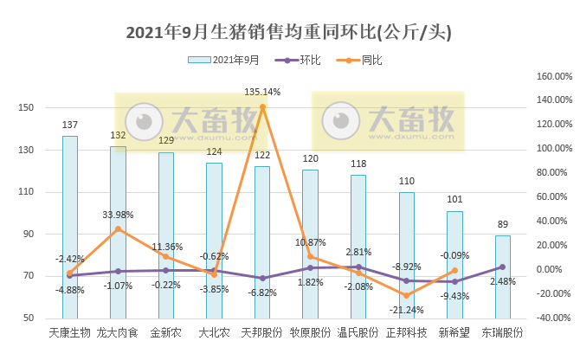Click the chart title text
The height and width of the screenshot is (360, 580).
click(x=289, y=32)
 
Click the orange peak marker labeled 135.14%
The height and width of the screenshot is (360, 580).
click(x=262, y=106)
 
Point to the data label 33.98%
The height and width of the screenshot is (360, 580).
click(x=118, y=215)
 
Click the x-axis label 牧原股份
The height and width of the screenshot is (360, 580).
click(x=310, y=332)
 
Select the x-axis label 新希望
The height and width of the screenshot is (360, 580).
click(x=454, y=332)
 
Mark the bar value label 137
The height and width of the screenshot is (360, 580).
click(x=70, y=125)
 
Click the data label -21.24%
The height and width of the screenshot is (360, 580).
click(x=407, y=310)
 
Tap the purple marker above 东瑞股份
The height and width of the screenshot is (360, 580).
click(x=502, y=267)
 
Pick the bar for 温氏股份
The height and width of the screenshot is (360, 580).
click(x=358, y=251)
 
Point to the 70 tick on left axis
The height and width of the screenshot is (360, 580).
click(x=28, y=276)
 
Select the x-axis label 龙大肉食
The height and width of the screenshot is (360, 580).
click(x=118, y=332)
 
